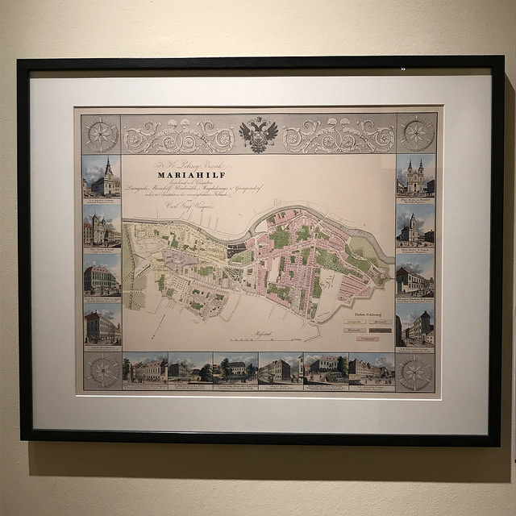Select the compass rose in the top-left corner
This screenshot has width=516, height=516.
[x=101, y=133]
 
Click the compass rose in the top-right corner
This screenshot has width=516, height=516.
[x=416, y=133]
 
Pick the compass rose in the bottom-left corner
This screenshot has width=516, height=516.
[x=102, y=371]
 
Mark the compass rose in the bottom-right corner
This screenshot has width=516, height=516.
[x=415, y=372]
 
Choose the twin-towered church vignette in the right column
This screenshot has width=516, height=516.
[x=415, y=177]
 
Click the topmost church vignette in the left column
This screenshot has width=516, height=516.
[x=102, y=177]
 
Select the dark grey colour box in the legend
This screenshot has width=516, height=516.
[x=381, y=330]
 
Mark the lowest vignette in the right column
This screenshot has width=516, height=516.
[x=415, y=326]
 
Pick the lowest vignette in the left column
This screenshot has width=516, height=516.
[x=102, y=326]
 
